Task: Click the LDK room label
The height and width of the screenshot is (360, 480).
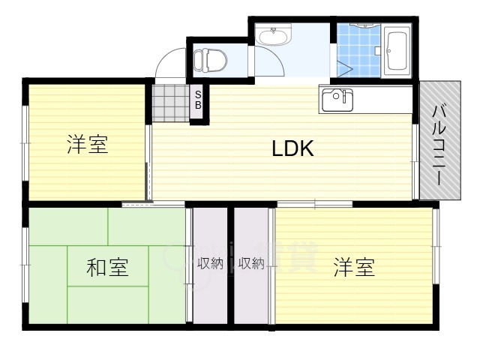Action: click(x=292, y=148)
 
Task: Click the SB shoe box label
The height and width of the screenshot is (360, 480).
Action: click(x=198, y=100)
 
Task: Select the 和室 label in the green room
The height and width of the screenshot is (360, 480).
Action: click(x=106, y=267)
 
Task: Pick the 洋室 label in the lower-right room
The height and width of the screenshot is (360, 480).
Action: click(x=354, y=267)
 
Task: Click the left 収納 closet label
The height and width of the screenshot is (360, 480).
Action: click(x=210, y=263)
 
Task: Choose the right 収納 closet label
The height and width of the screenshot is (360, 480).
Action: click(x=250, y=263)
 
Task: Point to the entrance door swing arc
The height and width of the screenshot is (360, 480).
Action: click(x=169, y=64)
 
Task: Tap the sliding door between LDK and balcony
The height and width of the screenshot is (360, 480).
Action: click(x=415, y=161)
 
